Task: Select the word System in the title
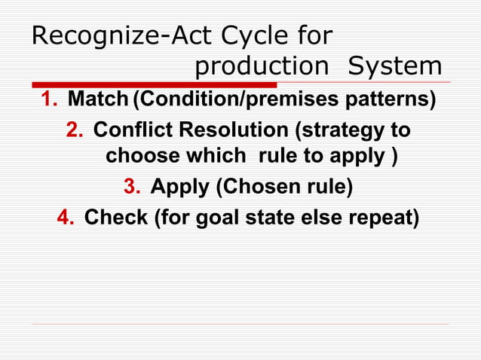click(x=394, y=67)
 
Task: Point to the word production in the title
click(x=262, y=67)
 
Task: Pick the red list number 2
click(x=74, y=131)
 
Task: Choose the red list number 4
click(x=65, y=218)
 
